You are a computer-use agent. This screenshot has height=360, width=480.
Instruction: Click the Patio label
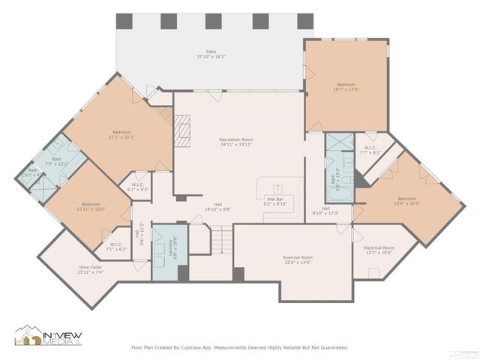(211, 54)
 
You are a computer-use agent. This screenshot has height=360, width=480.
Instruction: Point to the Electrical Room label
(378, 250)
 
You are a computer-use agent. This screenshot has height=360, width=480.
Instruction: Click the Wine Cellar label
(90, 269)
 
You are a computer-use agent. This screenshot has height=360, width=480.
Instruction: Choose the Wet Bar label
(275, 201)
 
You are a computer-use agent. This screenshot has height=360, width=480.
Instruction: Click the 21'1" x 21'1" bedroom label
(121, 135)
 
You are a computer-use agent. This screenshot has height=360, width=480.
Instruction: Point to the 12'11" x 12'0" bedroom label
(91, 206)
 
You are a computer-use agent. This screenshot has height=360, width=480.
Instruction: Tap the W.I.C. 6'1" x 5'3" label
(137, 187)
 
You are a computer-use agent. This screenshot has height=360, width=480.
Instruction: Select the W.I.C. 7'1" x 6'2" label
(116, 246)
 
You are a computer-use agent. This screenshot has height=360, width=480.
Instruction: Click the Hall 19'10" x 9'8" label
(217, 207)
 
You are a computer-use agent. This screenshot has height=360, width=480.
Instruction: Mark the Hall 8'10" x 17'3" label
(326, 211)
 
